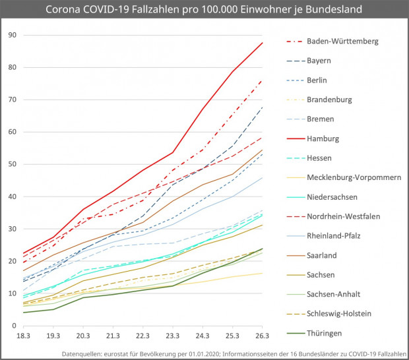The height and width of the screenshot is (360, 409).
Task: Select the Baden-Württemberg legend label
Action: (342, 41)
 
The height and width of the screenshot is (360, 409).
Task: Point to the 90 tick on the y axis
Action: (12, 34)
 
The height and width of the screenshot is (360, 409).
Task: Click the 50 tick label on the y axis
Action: (12, 164)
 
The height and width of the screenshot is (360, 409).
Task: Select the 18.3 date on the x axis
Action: (23, 336)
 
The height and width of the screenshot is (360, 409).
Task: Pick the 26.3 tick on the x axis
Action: (262, 336)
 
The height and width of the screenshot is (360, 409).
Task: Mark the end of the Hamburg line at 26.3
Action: (262, 43)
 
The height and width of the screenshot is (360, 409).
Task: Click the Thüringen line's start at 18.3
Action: (23, 313)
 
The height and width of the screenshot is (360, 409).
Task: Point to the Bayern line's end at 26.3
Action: (262, 107)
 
